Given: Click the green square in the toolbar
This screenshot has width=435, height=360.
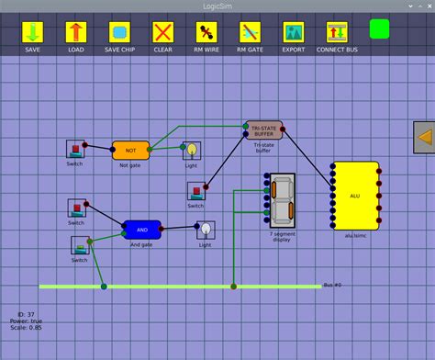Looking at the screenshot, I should click(380, 28).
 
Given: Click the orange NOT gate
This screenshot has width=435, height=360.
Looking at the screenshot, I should click(130, 150).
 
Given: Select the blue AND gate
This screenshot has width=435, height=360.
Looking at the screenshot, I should click(142, 229).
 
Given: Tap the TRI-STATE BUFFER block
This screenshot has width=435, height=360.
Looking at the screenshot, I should click(263, 129).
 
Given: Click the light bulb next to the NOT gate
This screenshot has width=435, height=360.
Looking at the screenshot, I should click(192, 150).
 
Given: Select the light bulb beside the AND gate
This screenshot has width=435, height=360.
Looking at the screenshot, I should click(206, 230).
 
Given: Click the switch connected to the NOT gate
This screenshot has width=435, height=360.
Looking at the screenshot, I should click(75, 149).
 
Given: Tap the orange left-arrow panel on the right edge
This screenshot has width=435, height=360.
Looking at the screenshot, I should click(424, 138).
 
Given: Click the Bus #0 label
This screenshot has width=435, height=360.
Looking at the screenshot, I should click(332, 286).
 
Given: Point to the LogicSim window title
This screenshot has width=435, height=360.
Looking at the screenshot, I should click(217, 6).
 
